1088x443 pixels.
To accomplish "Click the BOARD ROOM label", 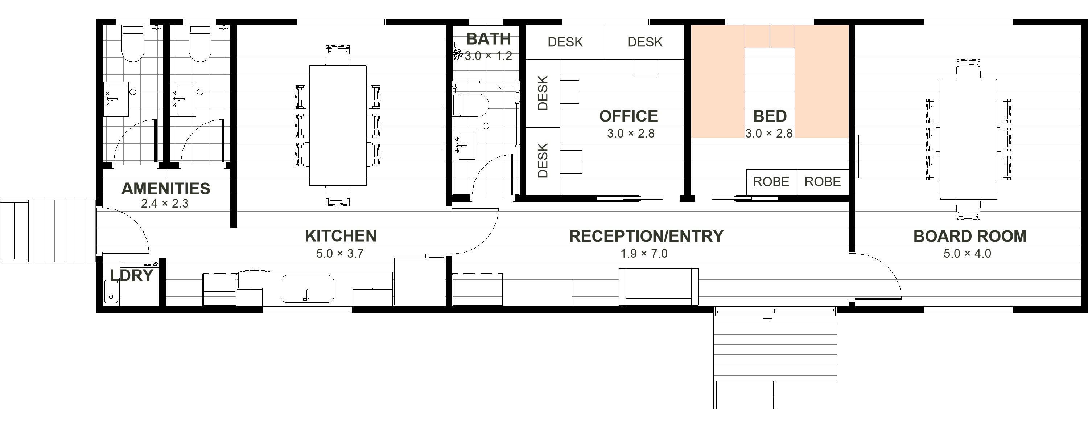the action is pos(970,236).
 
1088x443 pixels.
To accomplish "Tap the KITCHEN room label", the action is pos(341,236).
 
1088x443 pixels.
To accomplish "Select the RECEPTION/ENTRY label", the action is pos(646,236).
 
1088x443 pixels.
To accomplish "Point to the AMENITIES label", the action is pos(166,189).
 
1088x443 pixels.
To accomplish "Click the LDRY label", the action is pos(131,275).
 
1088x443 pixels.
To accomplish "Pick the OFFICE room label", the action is pos(629,116).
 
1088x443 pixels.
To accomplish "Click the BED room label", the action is pos(770,116).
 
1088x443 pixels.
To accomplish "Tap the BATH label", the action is pos(488,39).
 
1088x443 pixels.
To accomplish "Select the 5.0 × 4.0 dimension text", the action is pos(967,254).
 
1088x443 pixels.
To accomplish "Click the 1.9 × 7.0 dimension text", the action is pos(644,254).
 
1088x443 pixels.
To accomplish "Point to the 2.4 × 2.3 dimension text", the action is pos(165,203).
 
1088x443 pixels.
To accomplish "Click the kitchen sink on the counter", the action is pos(307,289).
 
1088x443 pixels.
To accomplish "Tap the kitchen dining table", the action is pos(338,126).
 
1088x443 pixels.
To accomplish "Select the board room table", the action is pos(968,139).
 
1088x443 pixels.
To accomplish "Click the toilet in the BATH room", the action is pos(470,105).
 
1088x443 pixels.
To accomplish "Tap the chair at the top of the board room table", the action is pos(968,69).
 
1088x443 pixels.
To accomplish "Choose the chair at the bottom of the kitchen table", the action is pos(338,196).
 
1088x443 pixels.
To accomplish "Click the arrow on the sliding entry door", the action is pos(768,318).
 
